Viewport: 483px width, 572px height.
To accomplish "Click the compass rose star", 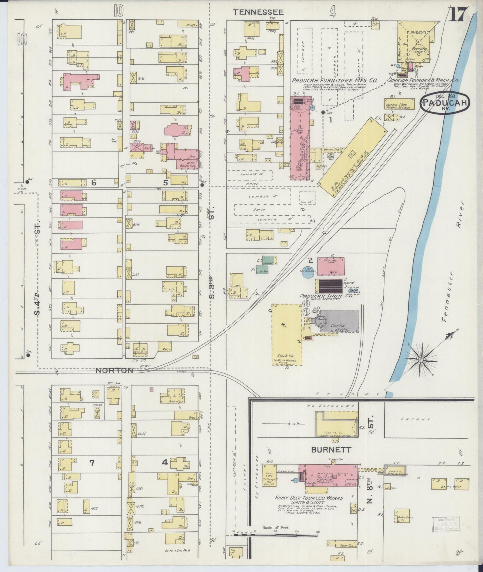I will point(420,360).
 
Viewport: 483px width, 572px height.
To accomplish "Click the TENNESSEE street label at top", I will point(258,12).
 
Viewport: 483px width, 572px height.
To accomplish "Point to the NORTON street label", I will point(114,370).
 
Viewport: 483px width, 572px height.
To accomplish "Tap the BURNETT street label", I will point(331,450).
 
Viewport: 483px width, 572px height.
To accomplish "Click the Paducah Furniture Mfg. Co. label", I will point(334,80).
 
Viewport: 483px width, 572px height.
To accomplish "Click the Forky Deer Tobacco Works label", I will point(309,498).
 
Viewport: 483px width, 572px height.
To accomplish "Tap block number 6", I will point(94,182).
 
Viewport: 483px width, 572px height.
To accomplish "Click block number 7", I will point(92,463).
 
